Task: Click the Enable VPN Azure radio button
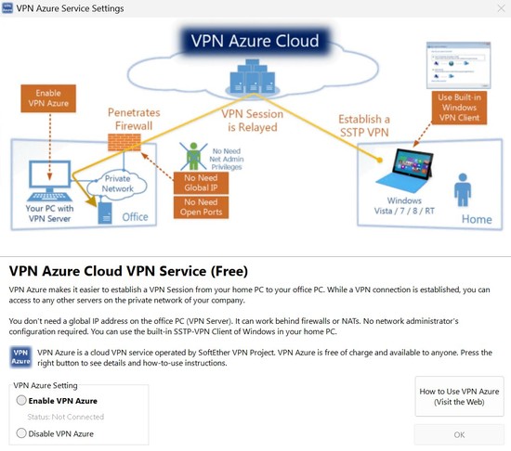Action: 22,401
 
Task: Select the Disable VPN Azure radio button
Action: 22,433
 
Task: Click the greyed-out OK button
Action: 459,434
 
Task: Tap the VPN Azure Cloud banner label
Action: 255,41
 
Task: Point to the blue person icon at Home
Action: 462,189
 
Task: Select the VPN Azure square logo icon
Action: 20,356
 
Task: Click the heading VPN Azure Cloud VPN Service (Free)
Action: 128,271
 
